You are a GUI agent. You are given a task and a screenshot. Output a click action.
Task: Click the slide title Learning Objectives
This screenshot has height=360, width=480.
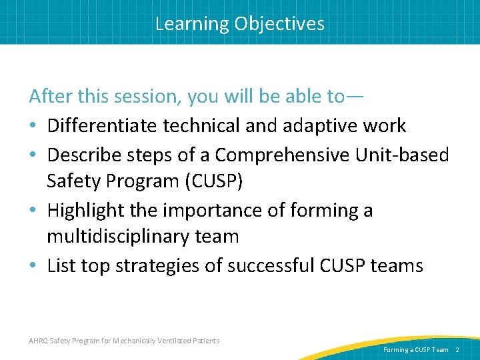click(240, 24)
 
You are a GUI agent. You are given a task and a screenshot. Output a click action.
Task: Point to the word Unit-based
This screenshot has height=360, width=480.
click(409, 155)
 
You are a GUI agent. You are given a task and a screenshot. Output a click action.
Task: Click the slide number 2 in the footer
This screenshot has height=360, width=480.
click(458, 349)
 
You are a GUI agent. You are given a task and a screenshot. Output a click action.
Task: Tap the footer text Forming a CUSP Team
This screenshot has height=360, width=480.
click(415, 349)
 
